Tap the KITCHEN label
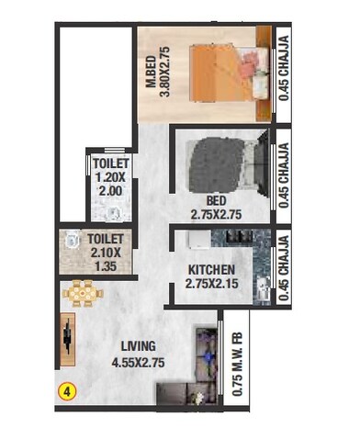coord(211,269)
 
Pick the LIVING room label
coord(137,345)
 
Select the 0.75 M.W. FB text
coord(237,364)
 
